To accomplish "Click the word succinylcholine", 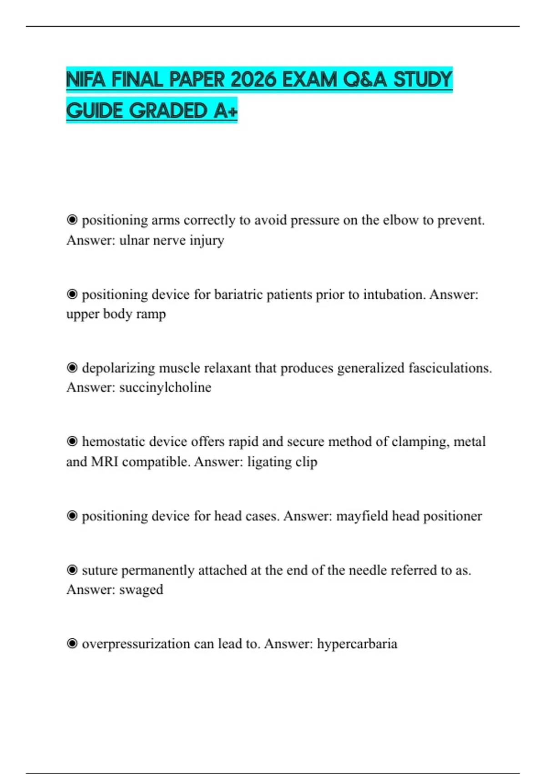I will [x=165, y=387].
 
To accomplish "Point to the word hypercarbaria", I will [x=357, y=644].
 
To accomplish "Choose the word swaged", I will [x=141, y=590].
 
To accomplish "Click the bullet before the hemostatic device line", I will [x=72, y=441].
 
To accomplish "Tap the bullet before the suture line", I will [x=72, y=570].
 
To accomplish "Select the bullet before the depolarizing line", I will [x=72, y=367].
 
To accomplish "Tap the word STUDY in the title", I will [x=423, y=80].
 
